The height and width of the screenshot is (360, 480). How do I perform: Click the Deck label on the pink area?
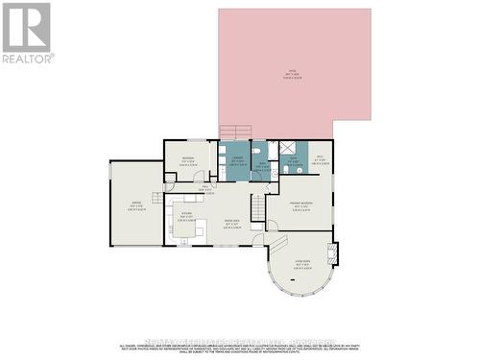(293, 73)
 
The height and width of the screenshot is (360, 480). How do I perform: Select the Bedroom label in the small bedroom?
(188, 159)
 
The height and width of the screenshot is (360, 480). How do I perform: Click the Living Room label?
(301, 262)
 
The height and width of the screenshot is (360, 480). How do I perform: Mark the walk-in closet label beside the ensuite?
(321, 159)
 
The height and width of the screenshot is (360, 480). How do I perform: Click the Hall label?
(204, 189)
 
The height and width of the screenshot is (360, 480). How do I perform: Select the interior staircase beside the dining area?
(257, 206)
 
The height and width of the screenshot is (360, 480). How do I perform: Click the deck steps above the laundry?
(236, 132)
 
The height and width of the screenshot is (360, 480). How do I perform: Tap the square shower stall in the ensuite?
(285, 149)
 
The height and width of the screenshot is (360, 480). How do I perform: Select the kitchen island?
(187, 229)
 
